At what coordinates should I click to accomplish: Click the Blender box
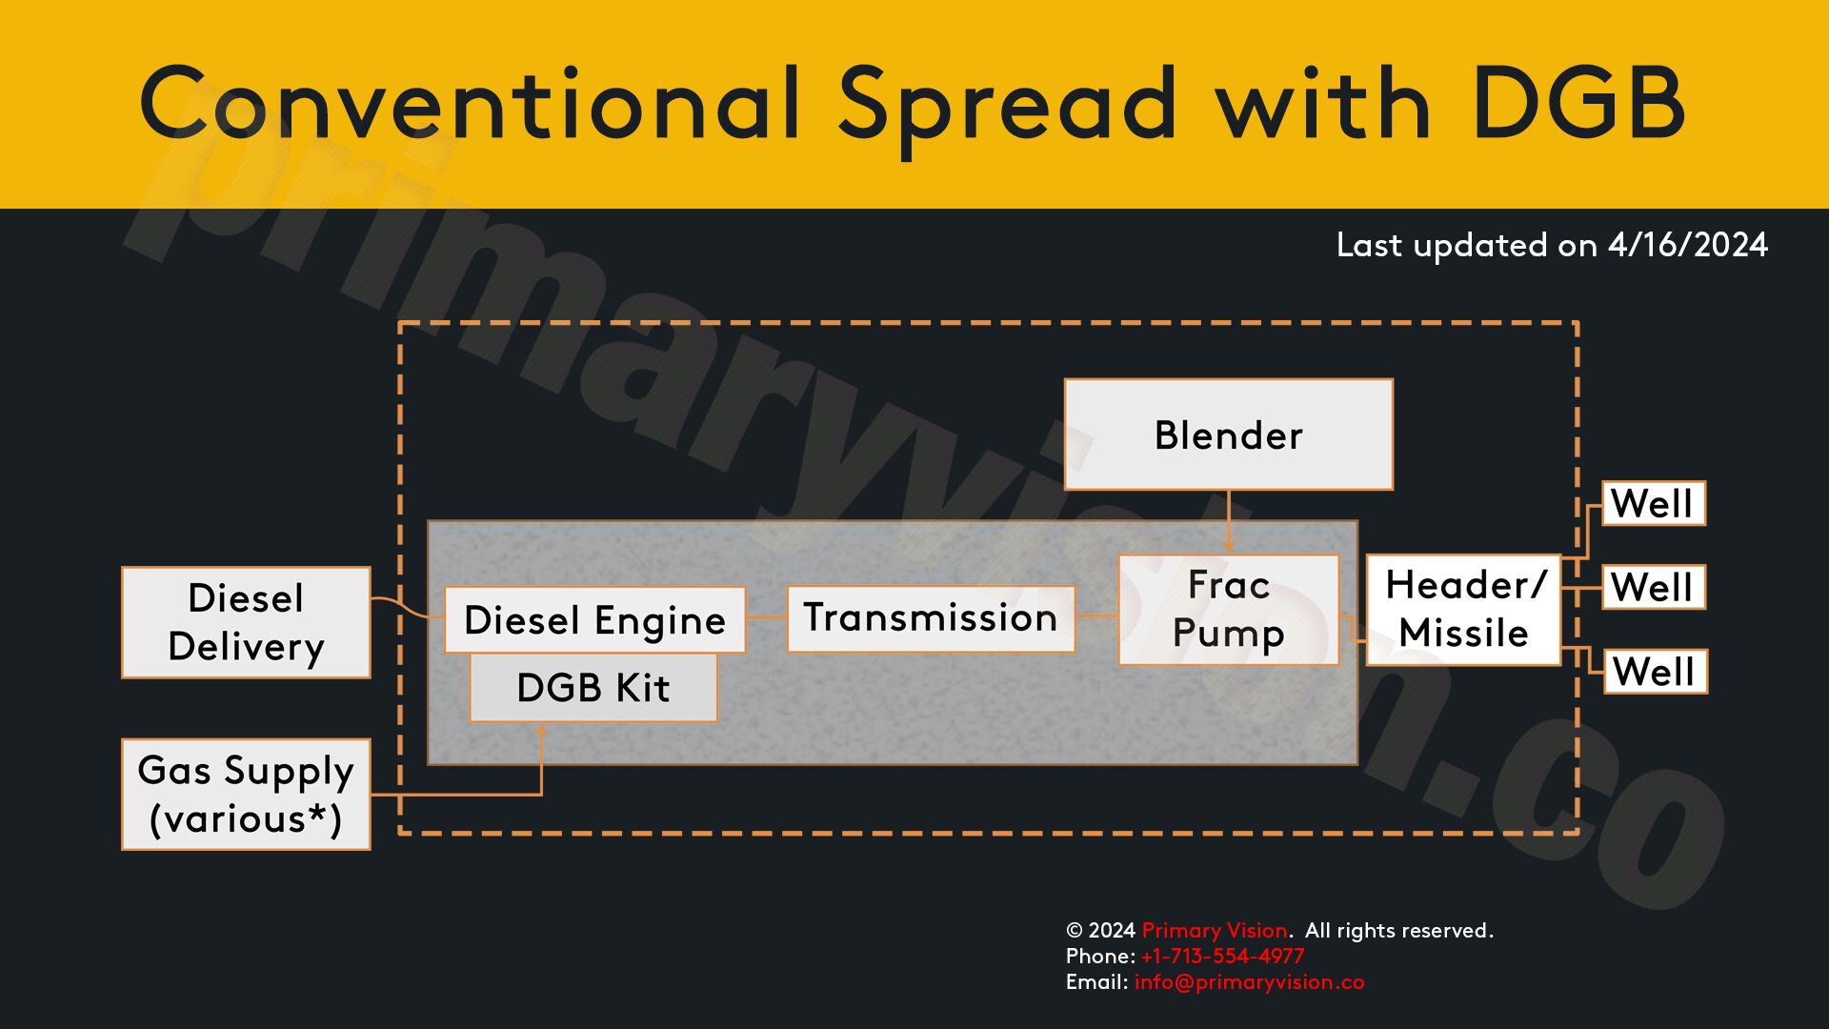[1228, 434]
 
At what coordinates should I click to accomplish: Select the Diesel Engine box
[594, 619]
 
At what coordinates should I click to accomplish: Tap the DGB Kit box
[593, 687]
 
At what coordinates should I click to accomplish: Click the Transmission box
[931, 618]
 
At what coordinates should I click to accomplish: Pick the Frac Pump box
[1228, 610]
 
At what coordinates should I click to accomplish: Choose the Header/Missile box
[1463, 610]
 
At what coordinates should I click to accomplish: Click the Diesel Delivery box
[246, 622]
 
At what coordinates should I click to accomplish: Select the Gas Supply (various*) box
[246, 794]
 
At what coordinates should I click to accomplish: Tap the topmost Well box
[1654, 503]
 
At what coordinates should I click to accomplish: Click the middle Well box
[1654, 587]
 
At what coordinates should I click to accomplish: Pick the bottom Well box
[1656, 672]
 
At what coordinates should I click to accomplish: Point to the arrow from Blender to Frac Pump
[1229, 521]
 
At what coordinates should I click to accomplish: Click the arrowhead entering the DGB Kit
[541, 731]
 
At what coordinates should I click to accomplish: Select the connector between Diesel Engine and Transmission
[767, 617]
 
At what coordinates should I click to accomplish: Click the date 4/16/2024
[1687, 245]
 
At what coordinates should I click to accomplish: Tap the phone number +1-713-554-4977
[1222, 956]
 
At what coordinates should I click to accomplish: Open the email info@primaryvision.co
[1249, 982]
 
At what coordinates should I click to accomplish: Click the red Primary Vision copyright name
[1215, 931]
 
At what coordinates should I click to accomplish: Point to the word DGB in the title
[1578, 103]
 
